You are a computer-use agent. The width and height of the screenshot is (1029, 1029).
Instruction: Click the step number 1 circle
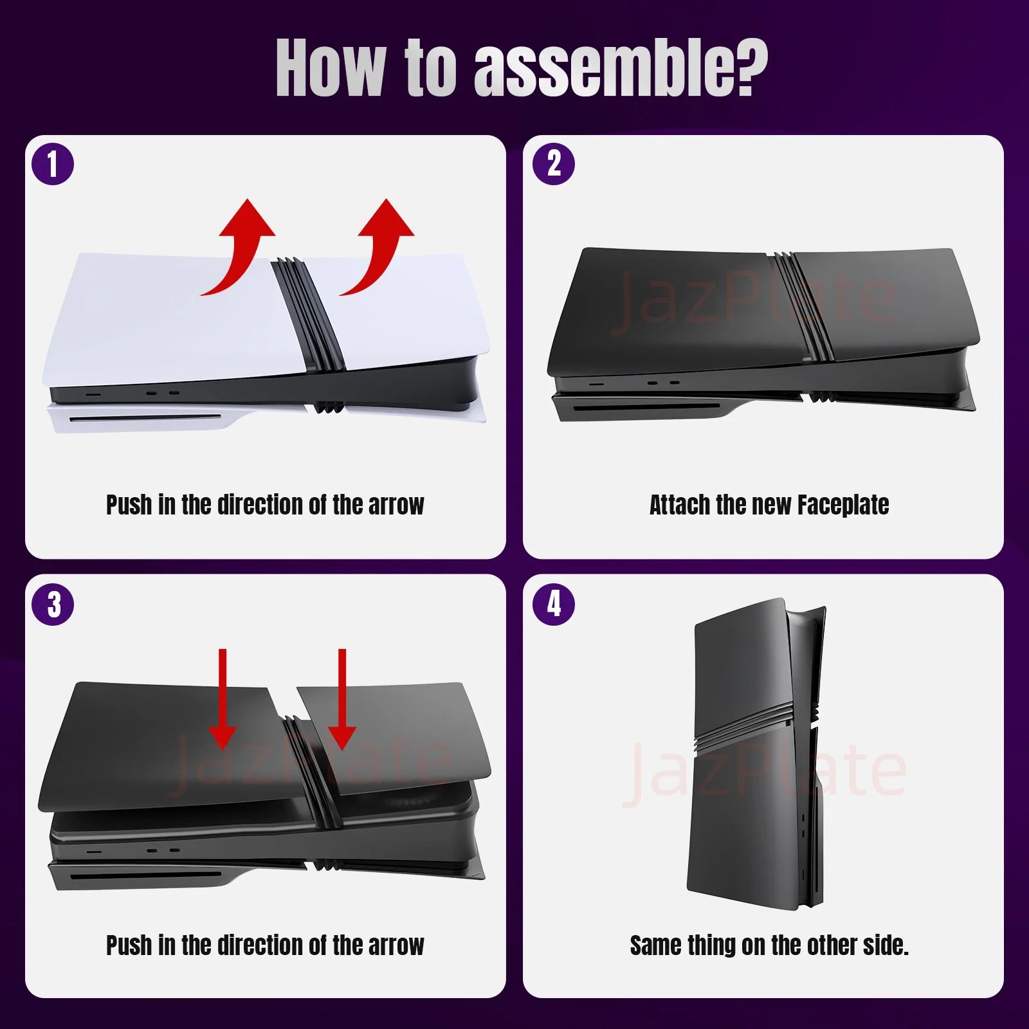click(x=53, y=165)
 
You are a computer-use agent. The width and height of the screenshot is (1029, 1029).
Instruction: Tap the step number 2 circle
click(x=554, y=165)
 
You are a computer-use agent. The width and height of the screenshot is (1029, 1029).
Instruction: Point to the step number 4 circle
click(x=554, y=605)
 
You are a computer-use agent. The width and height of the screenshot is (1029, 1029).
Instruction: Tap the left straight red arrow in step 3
click(x=223, y=701)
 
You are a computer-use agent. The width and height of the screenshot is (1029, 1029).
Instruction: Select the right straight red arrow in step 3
click(x=342, y=701)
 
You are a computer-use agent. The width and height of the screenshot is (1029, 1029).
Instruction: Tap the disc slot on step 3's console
click(x=145, y=877)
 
